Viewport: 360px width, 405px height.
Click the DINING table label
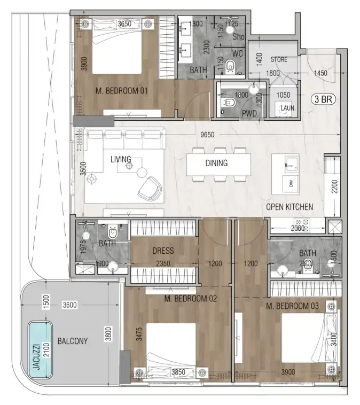click(x=216, y=163)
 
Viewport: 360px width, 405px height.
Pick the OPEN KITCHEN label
click(x=290, y=207)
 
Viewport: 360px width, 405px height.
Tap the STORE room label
click(x=279, y=59)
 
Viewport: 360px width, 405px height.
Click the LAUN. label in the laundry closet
click(x=287, y=107)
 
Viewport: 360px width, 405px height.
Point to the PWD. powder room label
click(x=249, y=113)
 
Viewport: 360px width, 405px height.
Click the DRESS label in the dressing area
click(x=163, y=250)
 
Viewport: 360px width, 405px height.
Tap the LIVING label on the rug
click(x=121, y=159)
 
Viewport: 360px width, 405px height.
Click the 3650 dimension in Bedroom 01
click(x=124, y=24)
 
